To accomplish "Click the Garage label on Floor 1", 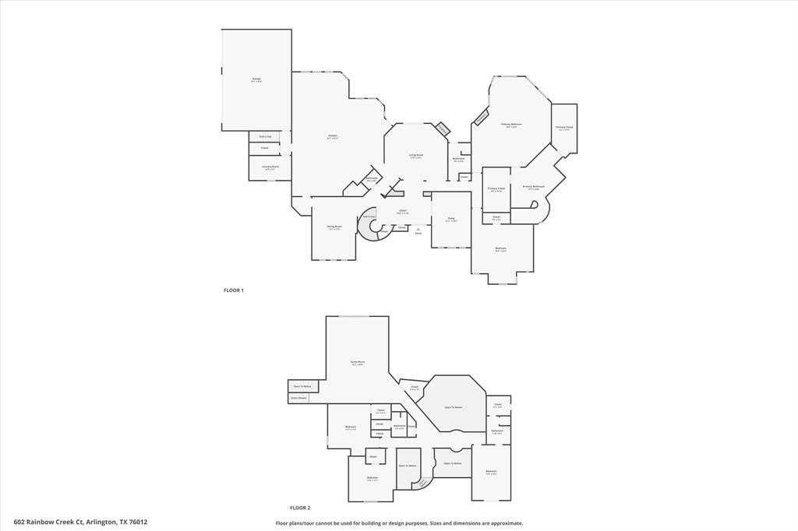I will tap(256, 79).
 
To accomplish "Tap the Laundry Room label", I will tap(270, 167).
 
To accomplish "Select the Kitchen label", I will tap(333, 136).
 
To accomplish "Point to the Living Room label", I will tap(416, 156).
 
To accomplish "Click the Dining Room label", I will tap(334, 227).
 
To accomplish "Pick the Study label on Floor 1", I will tap(451, 219).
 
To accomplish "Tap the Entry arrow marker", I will tap(418, 228).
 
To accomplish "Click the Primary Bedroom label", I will tap(511, 124).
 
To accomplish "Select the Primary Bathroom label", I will tap(534, 186).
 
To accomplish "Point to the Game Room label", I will tap(357, 362).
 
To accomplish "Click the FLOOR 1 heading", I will tap(234, 290).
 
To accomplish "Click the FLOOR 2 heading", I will tap(300, 507).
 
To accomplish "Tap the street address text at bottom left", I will tap(80, 522).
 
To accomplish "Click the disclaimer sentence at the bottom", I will tap(399, 523).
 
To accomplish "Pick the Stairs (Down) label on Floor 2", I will tap(298, 397).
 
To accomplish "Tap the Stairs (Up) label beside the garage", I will tap(265, 136).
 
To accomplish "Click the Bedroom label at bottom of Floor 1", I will tap(501, 249).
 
